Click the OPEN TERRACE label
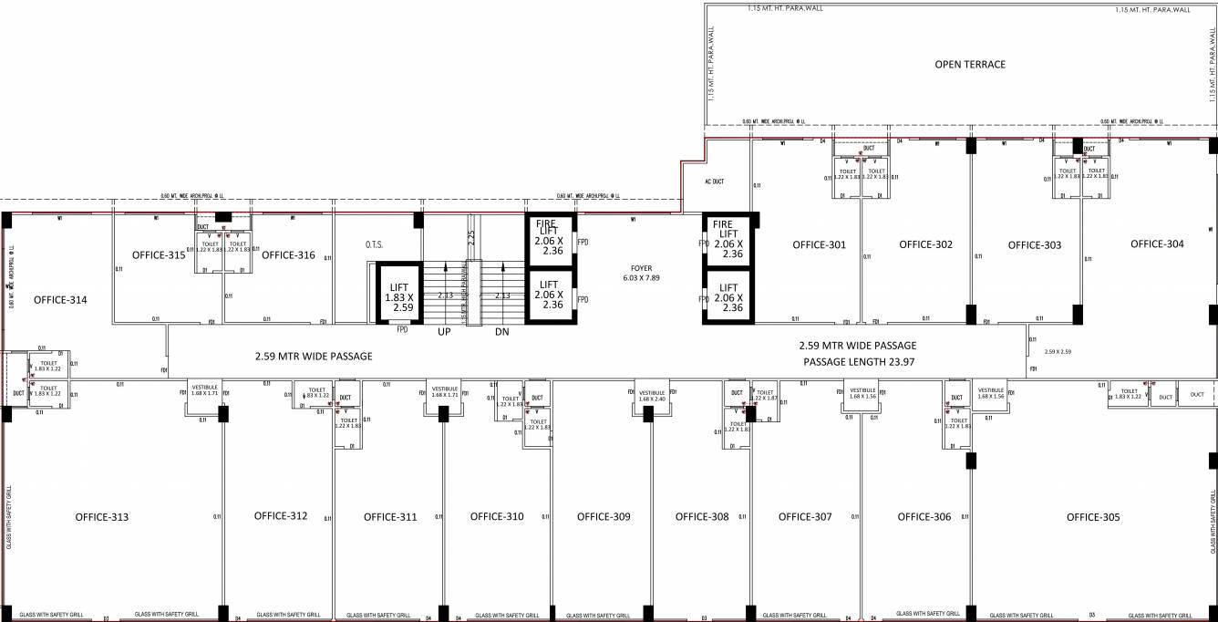pyautogui.click(x=970, y=65)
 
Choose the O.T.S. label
pyautogui.click(x=374, y=244)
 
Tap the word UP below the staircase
pyautogui.click(x=444, y=332)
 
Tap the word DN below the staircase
pyautogui.click(x=501, y=332)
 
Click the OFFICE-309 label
pyautogui.click(x=604, y=517)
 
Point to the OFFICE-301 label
pyautogui.click(x=819, y=244)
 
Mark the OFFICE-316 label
pyautogui.click(x=288, y=255)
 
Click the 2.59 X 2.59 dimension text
pyautogui.click(x=1057, y=351)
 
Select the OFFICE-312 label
pyautogui.click(x=281, y=516)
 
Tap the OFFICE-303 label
pyautogui.click(x=1034, y=244)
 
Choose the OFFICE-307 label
pyautogui.click(x=805, y=517)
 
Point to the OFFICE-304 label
pyautogui.click(x=1157, y=244)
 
